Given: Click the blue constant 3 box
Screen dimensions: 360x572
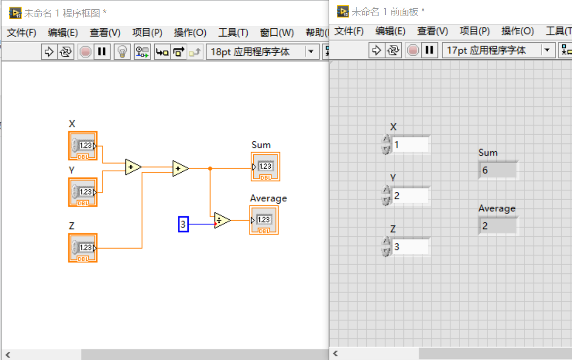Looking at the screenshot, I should (183, 224).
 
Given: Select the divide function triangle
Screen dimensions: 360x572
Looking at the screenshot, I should (222, 220).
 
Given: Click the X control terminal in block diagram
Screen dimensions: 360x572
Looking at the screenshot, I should (83, 145).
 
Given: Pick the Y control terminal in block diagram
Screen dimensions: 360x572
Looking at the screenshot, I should (83, 192).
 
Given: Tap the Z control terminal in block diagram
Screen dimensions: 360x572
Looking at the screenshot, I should (83, 248).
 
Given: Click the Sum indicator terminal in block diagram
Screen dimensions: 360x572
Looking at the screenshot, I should (265, 167).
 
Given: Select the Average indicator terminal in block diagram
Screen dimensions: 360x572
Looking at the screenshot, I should (264, 220).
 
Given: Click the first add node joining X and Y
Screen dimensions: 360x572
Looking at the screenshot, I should (133, 167).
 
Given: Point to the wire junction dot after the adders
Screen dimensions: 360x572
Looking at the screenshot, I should (210, 168).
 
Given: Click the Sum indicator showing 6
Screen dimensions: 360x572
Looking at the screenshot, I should (498, 170).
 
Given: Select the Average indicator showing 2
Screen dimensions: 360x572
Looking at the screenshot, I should (498, 226).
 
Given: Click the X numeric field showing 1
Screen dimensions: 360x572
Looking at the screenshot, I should (410, 145).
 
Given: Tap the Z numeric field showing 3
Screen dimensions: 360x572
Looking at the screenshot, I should (410, 247).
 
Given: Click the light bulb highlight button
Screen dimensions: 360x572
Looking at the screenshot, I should (122, 52).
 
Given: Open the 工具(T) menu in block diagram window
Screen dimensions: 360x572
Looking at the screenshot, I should (233, 32).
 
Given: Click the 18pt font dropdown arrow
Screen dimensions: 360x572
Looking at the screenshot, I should (310, 52).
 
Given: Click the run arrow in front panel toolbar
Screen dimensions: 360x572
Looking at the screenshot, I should (377, 50).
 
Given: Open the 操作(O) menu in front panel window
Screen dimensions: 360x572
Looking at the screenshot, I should (517, 31).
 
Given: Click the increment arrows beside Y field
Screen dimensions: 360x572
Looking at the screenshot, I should (386, 196).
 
